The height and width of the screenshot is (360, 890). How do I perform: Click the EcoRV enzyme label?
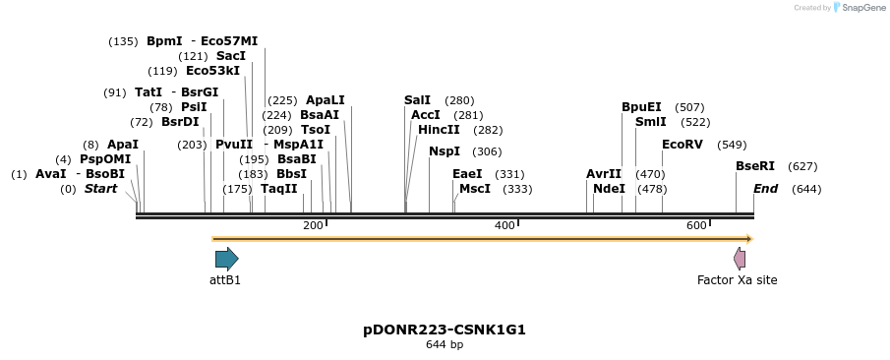point(682,145)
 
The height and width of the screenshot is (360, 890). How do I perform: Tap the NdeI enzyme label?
point(609,189)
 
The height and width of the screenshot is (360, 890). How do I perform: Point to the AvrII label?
point(604,174)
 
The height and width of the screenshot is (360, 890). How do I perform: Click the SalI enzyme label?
point(417,100)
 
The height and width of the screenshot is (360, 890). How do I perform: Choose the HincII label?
point(439,130)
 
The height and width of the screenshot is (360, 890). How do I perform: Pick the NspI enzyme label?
point(444,151)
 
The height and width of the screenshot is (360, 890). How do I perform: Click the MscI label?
point(475,189)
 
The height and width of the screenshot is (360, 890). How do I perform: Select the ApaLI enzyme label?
point(326,100)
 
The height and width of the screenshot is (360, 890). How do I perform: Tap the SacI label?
point(231,56)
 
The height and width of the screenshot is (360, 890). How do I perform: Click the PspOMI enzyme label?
point(105,159)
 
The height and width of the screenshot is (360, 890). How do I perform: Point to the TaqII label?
point(278,189)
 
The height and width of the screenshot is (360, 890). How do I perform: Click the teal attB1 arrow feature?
point(226,259)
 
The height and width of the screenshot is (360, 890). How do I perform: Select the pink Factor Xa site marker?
point(740,259)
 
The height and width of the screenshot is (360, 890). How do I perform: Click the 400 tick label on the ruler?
point(505,226)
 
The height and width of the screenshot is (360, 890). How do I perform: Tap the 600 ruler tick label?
point(697,226)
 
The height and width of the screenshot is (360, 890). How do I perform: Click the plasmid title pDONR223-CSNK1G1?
point(445,330)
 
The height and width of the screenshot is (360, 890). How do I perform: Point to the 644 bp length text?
point(445,345)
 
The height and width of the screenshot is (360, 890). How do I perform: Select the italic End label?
point(766,189)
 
